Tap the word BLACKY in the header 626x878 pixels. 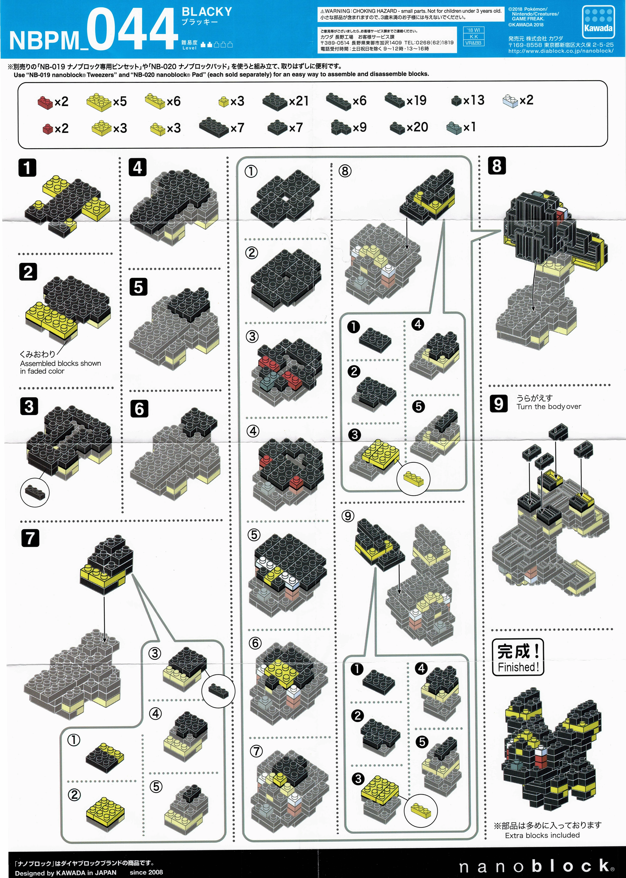[x=207, y=12]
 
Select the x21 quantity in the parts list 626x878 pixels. [x=299, y=101]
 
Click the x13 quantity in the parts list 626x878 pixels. [x=474, y=100]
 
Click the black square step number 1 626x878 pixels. [x=27, y=168]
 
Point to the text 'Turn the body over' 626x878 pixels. [x=549, y=407]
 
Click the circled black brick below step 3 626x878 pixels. [x=35, y=492]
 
